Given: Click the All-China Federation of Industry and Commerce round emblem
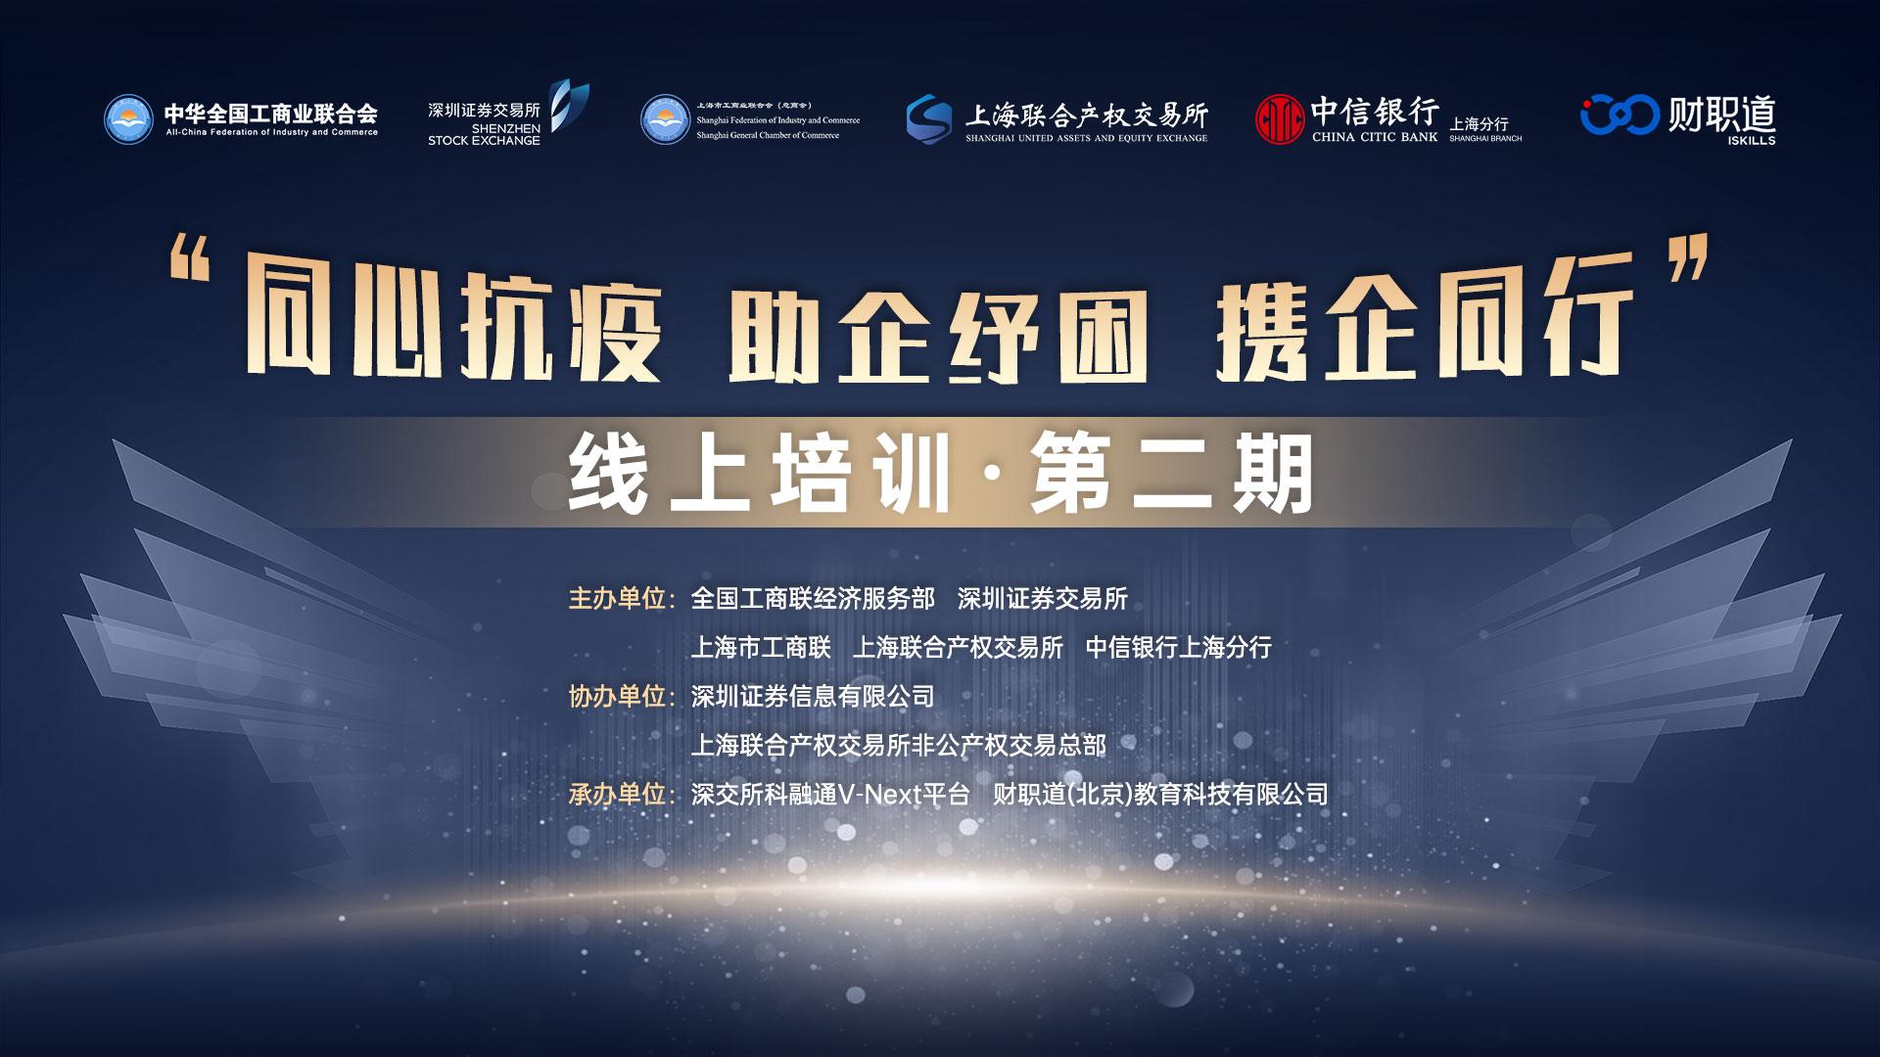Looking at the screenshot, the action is tap(129, 119).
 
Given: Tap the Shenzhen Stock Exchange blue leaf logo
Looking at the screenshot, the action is tap(568, 106).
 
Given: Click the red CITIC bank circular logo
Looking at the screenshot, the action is tap(1280, 119).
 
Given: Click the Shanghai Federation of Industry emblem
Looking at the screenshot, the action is tap(665, 119).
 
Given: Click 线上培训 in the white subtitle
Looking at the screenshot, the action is tap(761, 475).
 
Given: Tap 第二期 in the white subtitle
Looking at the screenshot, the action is tap(1171, 475).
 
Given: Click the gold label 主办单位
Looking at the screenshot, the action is tap(617, 598).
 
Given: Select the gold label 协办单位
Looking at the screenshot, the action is tap(617, 696).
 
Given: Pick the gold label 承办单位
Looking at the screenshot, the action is tap(617, 794).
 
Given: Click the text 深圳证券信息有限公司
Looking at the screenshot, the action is tap(813, 696).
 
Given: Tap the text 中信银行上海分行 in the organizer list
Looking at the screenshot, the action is tap(1179, 647).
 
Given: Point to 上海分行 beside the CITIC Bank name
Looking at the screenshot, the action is tap(1479, 124).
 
